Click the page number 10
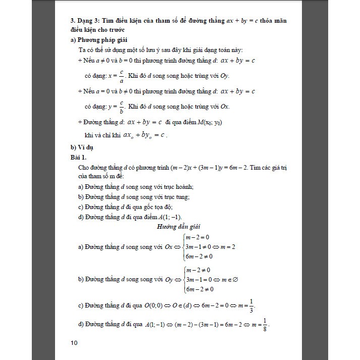[x=74, y=343]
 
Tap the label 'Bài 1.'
[x=79, y=157]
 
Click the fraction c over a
[x=121, y=76]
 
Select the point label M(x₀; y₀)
[x=208, y=122]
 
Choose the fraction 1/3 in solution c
[x=251, y=306]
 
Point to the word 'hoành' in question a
[x=185, y=187]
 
